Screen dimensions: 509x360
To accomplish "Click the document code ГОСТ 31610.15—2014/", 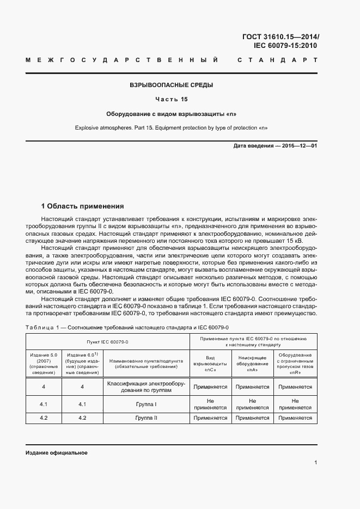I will coord(279,37).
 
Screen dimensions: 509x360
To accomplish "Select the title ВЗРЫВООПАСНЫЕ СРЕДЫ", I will coord(171,85).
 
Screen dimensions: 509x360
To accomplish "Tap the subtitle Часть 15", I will coord(171,100).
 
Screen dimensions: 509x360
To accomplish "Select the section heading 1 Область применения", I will coord(83,206).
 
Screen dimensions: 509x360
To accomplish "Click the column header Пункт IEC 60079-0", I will coord(107,341).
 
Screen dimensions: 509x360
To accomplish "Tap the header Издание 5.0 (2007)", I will coord(44,364).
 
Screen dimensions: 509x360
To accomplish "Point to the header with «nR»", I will coord(295,364).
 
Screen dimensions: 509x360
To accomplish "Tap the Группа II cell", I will coord(146,418).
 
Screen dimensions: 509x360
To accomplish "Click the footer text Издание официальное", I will coord(57,453).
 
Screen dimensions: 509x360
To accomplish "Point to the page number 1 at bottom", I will coord(315,463).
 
